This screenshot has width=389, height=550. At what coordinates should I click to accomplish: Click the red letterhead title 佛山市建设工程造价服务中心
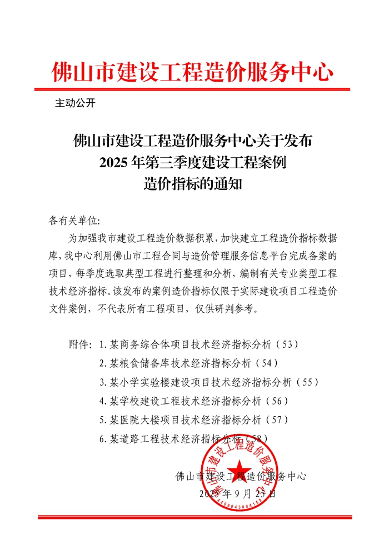click(192, 72)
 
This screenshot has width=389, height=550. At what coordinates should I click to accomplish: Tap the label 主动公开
click(76, 103)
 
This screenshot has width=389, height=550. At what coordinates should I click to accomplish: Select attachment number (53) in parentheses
click(287, 344)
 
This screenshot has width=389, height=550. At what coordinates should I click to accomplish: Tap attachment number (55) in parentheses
click(307, 382)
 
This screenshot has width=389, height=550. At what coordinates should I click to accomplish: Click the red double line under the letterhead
click(192, 89)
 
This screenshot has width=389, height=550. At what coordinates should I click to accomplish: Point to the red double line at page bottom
click(194, 517)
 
